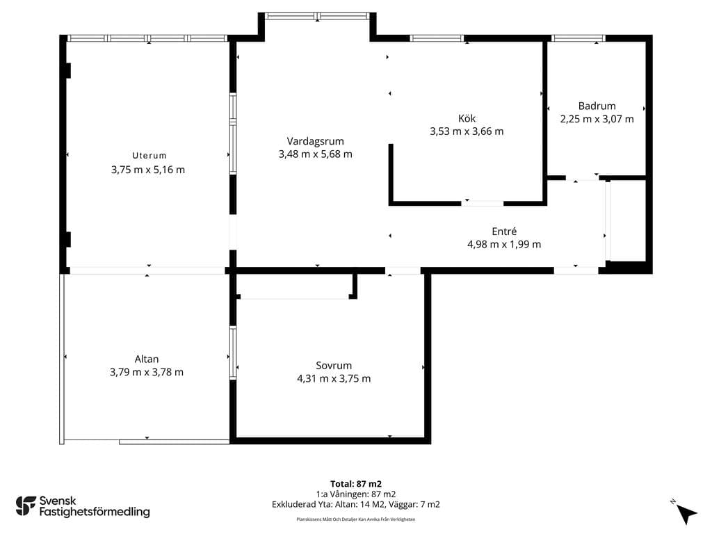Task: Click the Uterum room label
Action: pyautogui.click(x=149, y=155)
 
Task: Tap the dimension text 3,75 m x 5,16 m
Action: pyautogui.click(x=148, y=170)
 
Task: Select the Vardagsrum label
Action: pyautogui.click(x=315, y=141)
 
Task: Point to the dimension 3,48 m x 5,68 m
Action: pyautogui.click(x=315, y=154)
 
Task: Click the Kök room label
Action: pyautogui.click(x=467, y=118)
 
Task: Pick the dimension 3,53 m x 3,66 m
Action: pyautogui.click(x=467, y=131)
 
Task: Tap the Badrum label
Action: pyautogui.click(x=597, y=106)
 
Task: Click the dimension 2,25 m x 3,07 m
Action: pyautogui.click(x=597, y=119)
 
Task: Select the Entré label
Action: pyautogui.click(x=504, y=231)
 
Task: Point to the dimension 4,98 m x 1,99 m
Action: pyautogui.click(x=504, y=244)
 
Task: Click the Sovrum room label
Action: pyautogui.click(x=334, y=366)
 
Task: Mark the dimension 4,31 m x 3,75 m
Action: pyautogui.click(x=334, y=378)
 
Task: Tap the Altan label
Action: pyautogui.click(x=147, y=359)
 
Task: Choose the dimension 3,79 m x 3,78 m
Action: pyautogui.click(x=147, y=373)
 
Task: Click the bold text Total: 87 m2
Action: pyautogui.click(x=356, y=484)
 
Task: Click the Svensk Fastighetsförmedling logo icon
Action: pyautogui.click(x=26, y=506)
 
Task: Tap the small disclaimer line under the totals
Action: pyautogui.click(x=356, y=519)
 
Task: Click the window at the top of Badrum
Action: pyautogui.click(x=578, y=39)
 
